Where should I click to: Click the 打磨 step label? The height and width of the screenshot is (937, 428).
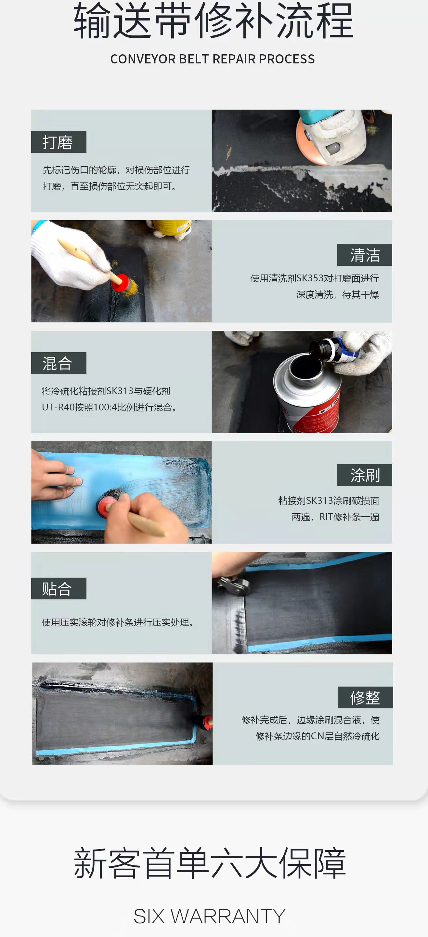tap(58, 142)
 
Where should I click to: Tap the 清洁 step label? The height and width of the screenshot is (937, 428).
tap(364, 255)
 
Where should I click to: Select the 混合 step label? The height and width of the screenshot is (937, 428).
tap(58, 363)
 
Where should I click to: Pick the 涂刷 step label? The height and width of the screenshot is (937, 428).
tap(364, 475)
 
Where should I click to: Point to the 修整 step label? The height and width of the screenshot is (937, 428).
tap(365, 697)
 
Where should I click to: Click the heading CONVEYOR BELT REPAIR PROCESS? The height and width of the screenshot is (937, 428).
tap(213, 59)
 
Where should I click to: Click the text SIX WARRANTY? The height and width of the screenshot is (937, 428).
tap(209, 916)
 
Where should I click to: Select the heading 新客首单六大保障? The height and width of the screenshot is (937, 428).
tap(210, 863)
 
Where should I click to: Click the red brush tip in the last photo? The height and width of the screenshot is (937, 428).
tap(207, 722)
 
